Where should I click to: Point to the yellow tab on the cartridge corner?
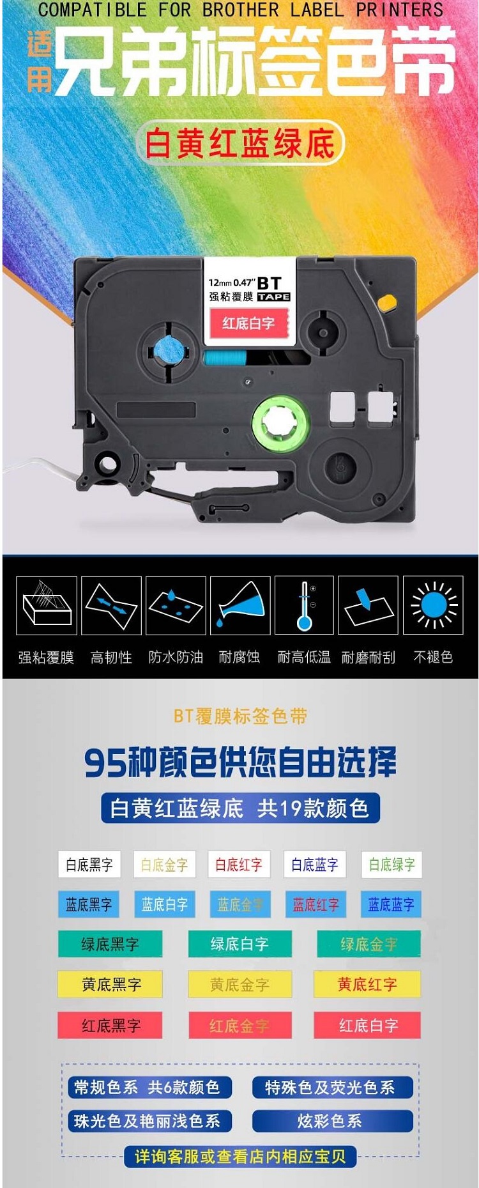click(387, 300)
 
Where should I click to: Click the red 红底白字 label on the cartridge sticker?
click(248, 323)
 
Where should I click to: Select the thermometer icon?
click(304, 605)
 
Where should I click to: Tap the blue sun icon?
click(434, 605)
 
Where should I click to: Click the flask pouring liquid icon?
click(240, 605)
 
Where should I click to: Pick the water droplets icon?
click(176, 605)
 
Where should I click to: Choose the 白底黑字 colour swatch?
click(89, 865)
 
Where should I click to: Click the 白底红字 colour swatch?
click(239, 865)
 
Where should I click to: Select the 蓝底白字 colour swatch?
click(164, 904)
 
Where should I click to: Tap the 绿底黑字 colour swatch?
click(110, 944)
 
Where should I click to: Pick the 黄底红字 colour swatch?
click(367, 984)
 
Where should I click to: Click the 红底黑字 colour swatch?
click(110, 1025)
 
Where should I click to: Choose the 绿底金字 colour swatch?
click(369, 944)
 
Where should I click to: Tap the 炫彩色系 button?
click(332, 1120)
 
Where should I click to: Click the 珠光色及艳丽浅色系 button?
click(149, 1120)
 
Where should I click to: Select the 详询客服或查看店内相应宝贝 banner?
click(240, 1156)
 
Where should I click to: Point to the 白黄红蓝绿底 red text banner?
click(240, 143)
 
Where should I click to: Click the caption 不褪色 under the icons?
click(433, 657)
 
